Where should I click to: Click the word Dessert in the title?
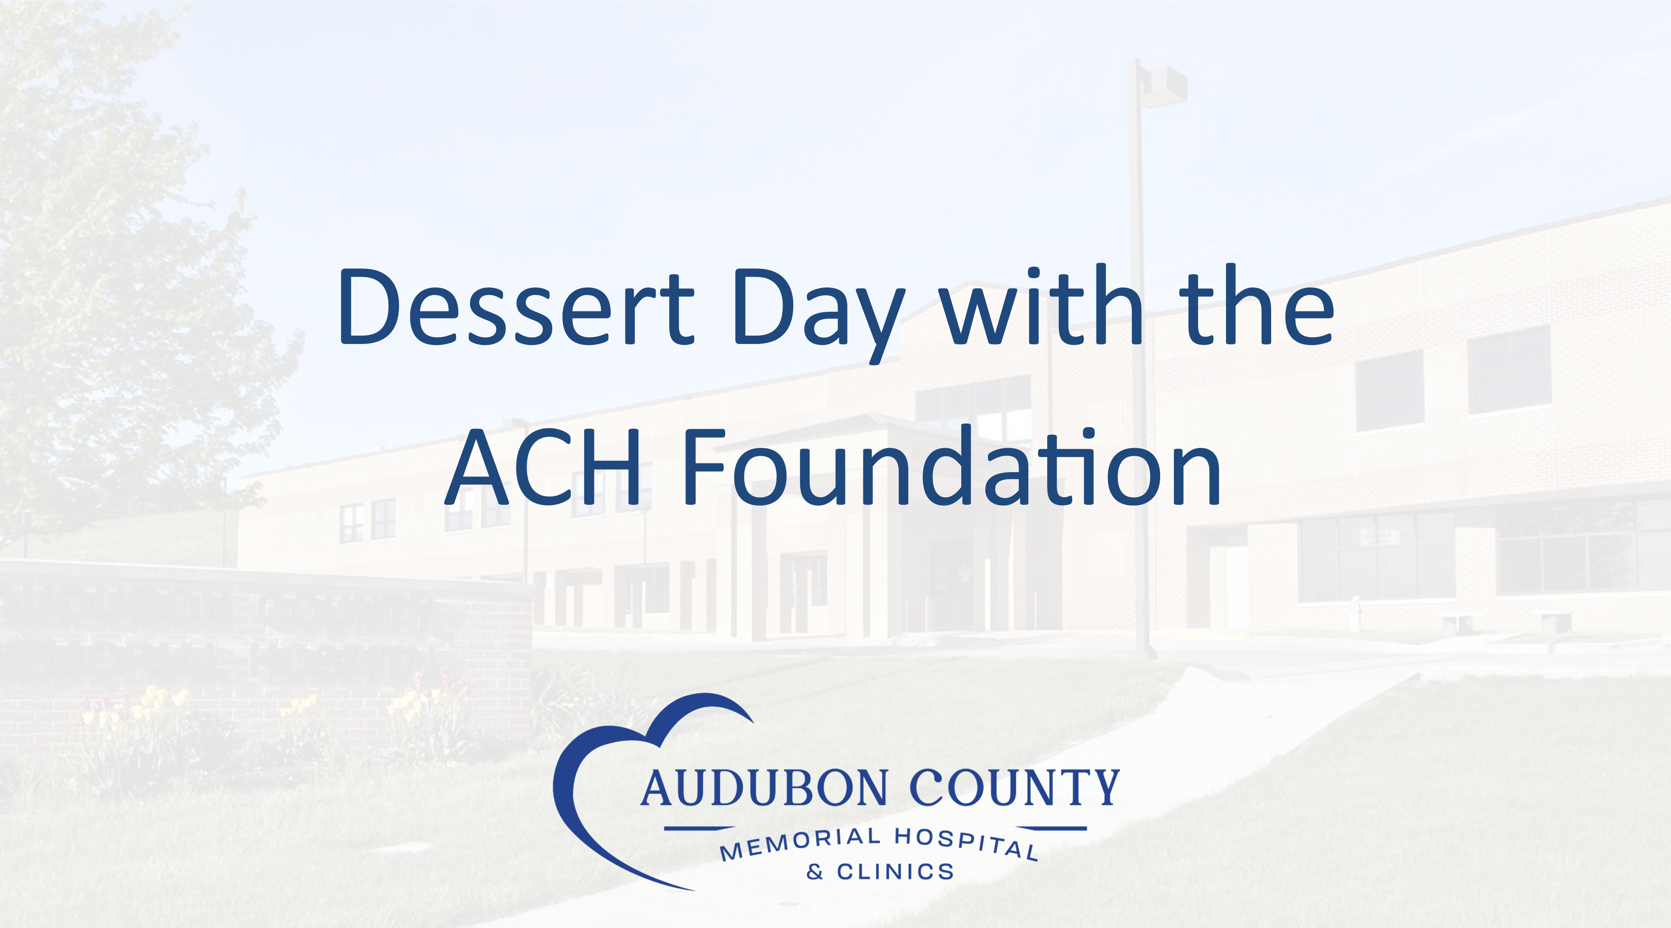tap(516, 306)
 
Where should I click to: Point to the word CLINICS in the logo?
tap(895, 871)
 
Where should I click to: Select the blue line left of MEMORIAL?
tap(699, 829)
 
